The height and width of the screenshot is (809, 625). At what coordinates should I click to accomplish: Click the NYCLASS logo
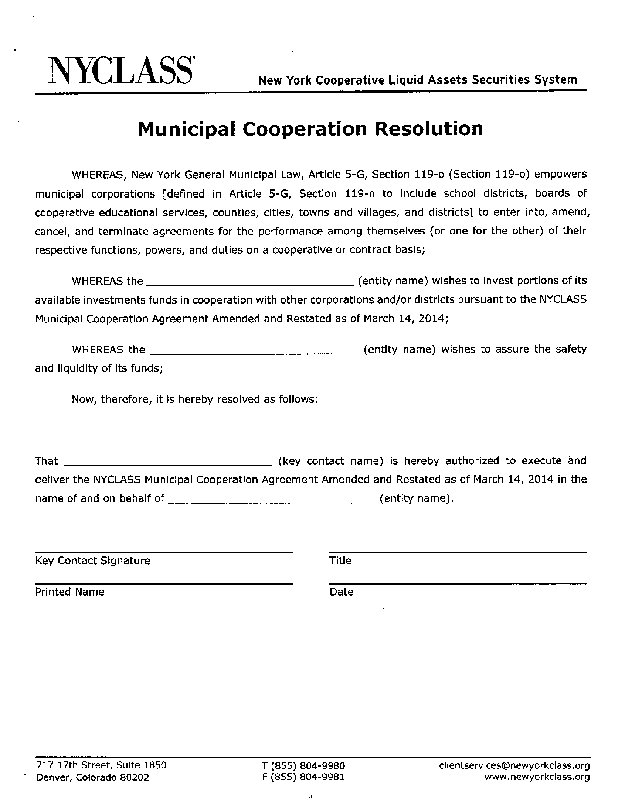[120, 70]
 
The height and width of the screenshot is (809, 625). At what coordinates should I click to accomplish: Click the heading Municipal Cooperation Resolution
[310, 128]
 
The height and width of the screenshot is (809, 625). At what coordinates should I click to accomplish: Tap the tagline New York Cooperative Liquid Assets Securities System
[417, 80]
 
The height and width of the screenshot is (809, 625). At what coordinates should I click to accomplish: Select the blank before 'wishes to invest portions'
[251, 283]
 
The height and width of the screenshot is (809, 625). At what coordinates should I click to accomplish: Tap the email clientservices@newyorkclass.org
[514, 765]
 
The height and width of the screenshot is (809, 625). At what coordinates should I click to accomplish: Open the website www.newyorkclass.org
[537, 777]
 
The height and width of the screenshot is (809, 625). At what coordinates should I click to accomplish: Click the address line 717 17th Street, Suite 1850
[101, 765]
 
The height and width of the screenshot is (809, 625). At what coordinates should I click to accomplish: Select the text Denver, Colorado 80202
[93, 777]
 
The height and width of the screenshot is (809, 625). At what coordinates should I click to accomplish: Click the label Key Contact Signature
[93, 561]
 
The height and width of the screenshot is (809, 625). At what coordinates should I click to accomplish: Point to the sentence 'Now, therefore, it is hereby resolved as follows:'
[195, 399]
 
